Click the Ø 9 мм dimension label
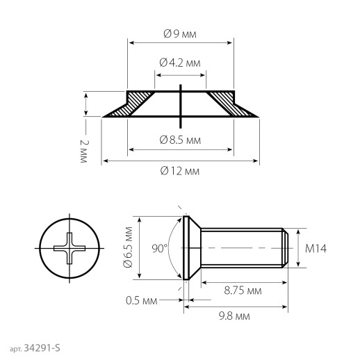(x=180, y=34)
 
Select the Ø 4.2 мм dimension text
(x=180, y=63)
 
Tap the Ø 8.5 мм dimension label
(x=180, y=140)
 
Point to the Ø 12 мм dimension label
(x=180, y=171)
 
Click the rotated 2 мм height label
(x=84, y=152)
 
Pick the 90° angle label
(x=159, y=248)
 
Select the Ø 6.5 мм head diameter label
(x=128, y=247)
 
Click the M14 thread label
(x=316, y=249)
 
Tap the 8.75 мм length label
(x=243, y=291)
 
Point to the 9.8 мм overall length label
(x=234, y=316)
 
